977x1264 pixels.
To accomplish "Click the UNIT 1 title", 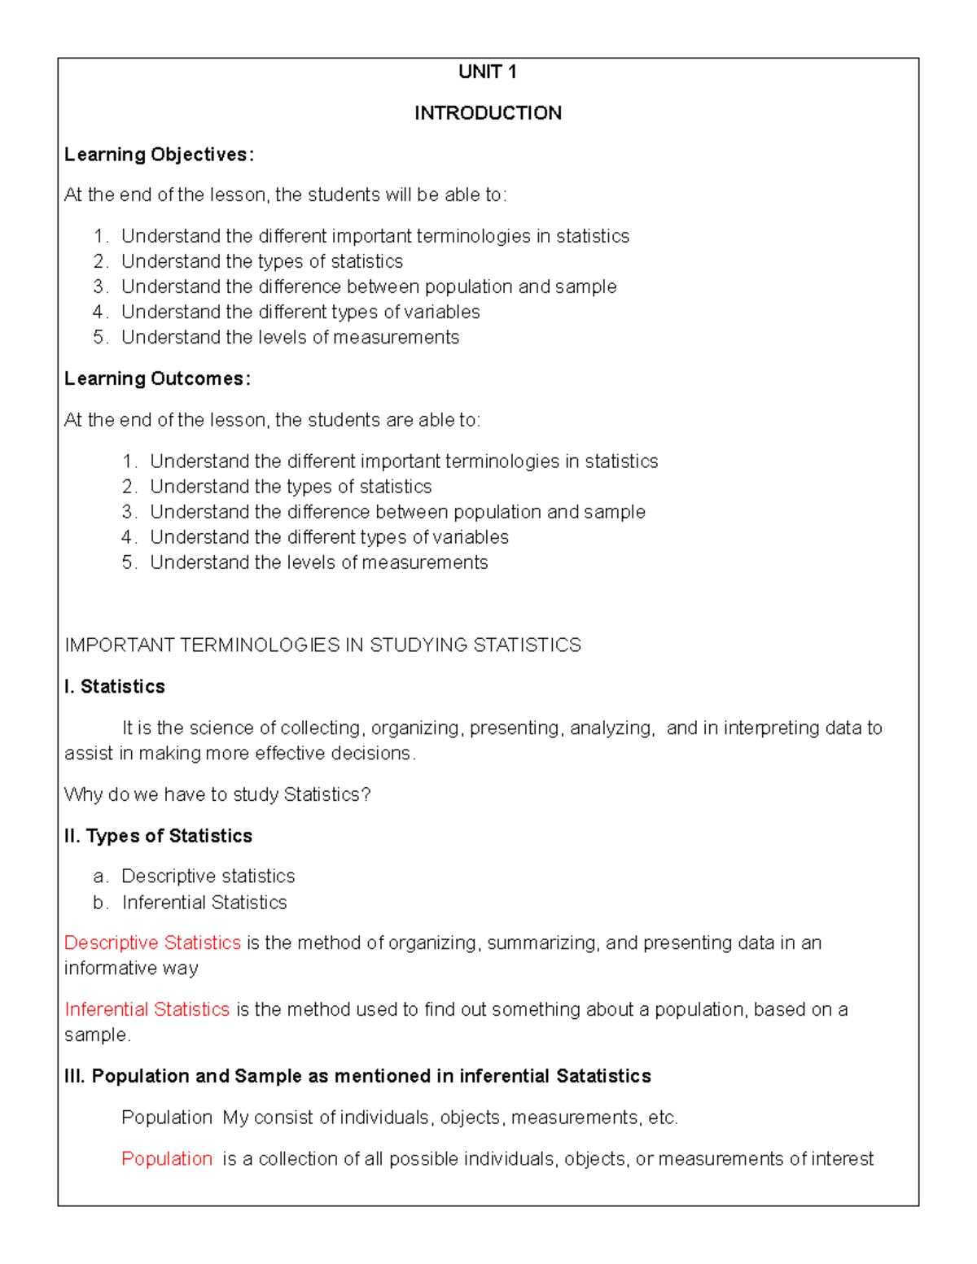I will click(x=487, y=72).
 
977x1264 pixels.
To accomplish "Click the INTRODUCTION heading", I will click(x=488, y=113).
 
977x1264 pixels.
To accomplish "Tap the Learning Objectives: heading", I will click(x=159, y=155).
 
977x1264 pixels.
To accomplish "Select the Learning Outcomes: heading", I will click(x=157, y=379).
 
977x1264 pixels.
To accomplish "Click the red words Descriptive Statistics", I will click(x=152, y=943).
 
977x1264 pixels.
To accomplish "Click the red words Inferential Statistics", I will click(x=147, y=1009).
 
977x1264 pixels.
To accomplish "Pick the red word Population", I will click(x=167, y=1158).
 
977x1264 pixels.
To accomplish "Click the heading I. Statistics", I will click(x=115, y=687).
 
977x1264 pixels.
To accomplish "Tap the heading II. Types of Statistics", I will click(x=158, y=836).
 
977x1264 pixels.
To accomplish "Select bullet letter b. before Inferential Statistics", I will click(x=99, y=903).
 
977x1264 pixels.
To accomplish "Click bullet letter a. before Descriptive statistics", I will click(x=99, y=877).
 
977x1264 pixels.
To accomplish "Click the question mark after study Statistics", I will click(x=366, y=794).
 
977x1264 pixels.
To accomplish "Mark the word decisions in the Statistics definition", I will click(x=376, y=754).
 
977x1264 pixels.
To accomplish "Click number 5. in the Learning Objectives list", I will click(x=100, y=338).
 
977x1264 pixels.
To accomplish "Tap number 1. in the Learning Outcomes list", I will click(x=129, y=461).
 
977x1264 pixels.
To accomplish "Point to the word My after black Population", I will click(x=235, y=1117).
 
